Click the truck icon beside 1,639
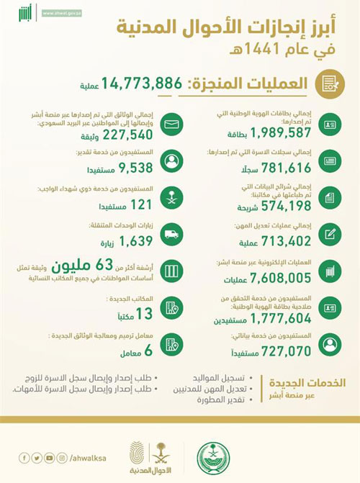(171, 235)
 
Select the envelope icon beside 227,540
(171, 127)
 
